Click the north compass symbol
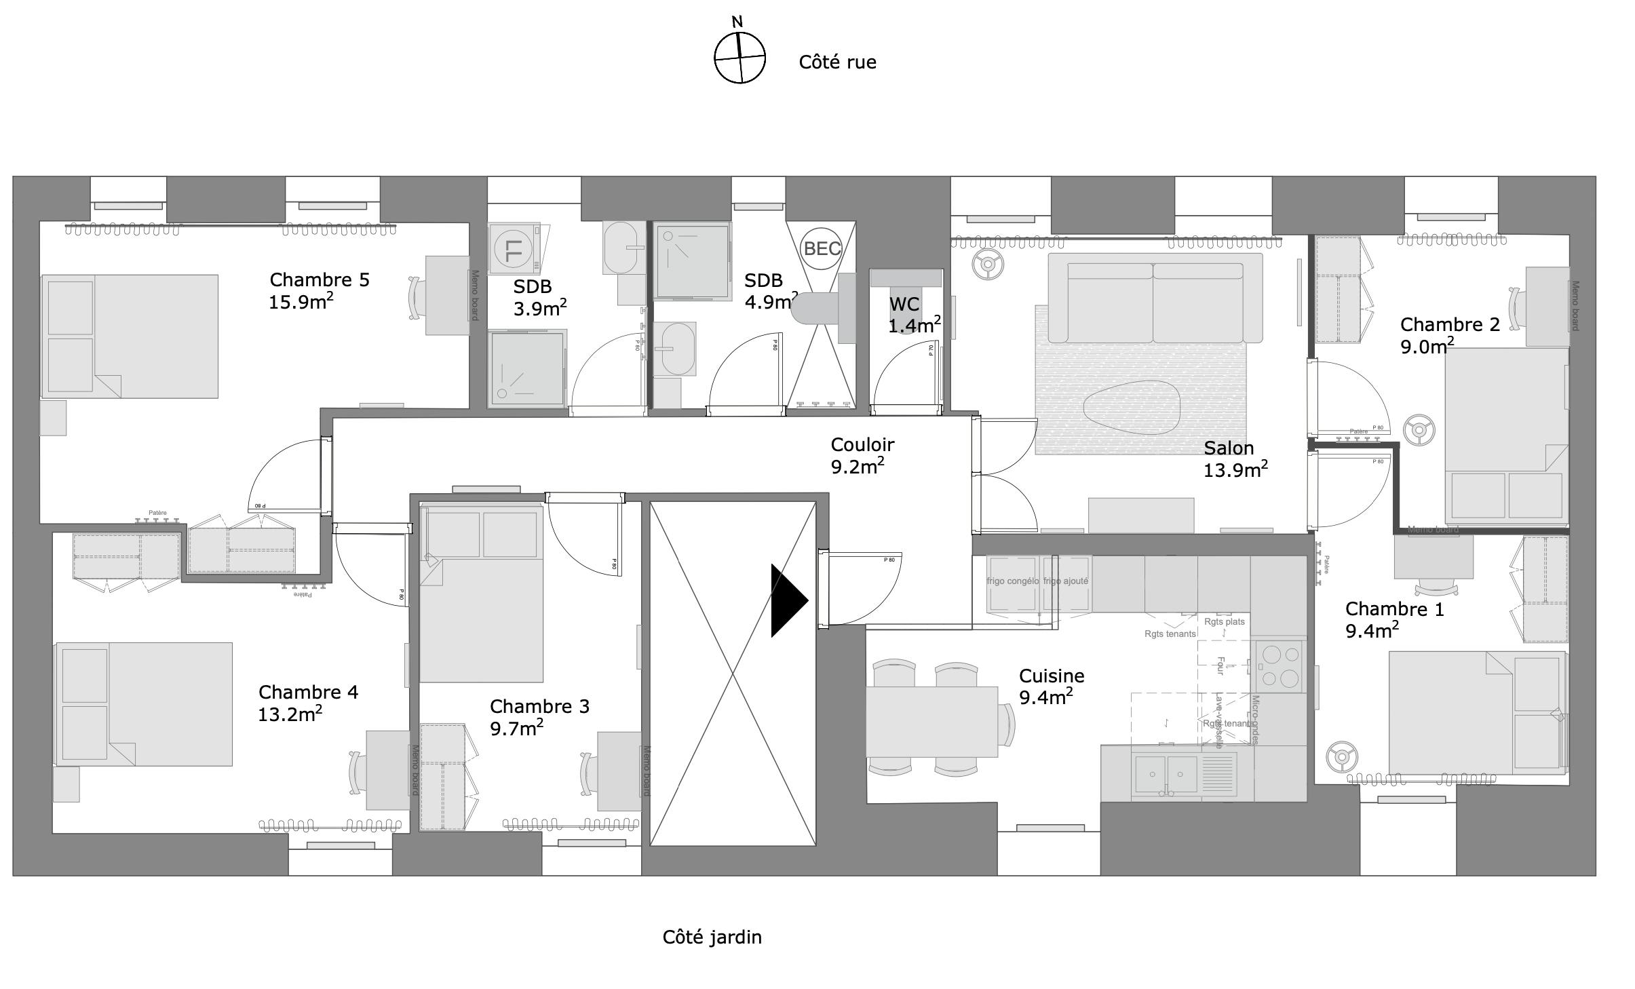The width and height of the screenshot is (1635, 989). (739, 57)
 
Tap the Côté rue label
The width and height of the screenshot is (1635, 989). (837, 62)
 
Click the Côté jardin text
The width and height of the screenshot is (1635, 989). (712, 937)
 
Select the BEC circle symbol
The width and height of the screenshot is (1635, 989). (822, 248)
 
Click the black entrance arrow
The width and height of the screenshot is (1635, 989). (788, 600)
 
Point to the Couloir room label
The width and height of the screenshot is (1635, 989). (862, 445)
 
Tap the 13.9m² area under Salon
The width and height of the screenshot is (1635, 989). (1235, 469)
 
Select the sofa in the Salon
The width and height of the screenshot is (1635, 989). (1155, 298)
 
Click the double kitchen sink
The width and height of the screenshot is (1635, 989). (1167, 773)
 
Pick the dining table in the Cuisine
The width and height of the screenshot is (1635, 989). (931, 721)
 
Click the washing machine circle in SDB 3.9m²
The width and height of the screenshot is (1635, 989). (514, 249)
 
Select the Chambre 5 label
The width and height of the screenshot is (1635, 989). (320, 280)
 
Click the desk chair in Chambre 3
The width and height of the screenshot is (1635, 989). (588, 772)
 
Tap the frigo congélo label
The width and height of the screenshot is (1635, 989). (1012, 581)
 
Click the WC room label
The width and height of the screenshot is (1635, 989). (904, 304)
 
